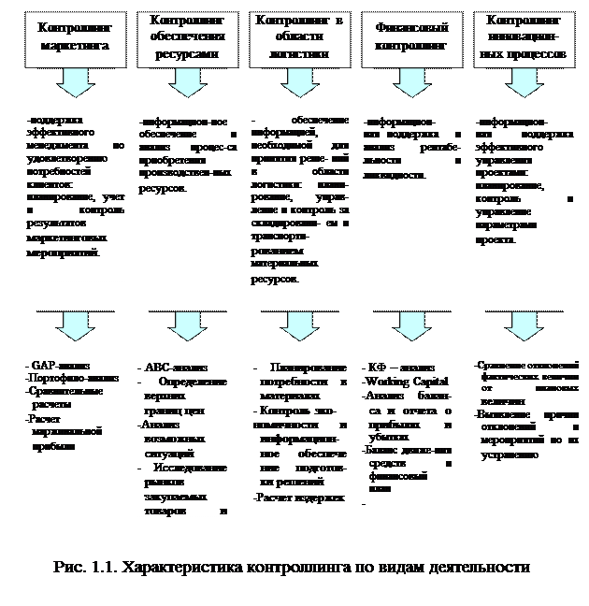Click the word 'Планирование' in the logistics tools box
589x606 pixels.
[309, 368]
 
